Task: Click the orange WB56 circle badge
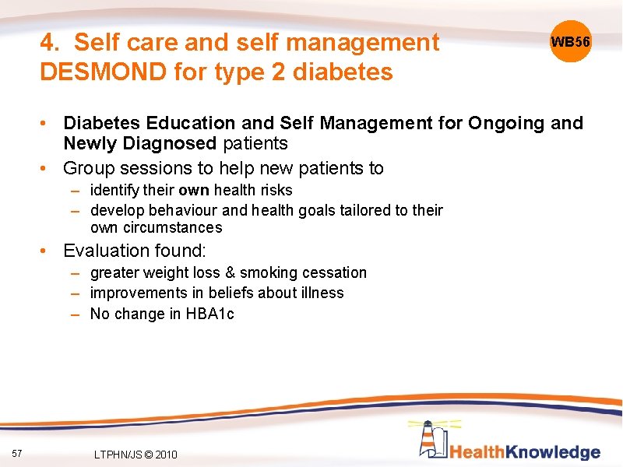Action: point(571,41)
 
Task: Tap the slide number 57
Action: point(18,454)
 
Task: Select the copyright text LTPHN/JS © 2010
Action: point(135,455)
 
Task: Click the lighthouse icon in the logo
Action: point(430,440)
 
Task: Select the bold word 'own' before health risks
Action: point(194,190)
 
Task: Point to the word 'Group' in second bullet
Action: point(88,168)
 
